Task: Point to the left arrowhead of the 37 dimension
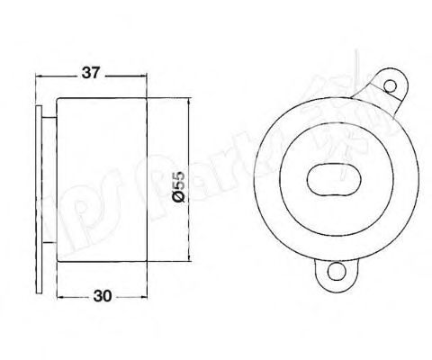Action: coord(39,75)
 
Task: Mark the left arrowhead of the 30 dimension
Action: coord(59,294)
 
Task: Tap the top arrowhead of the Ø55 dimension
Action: coord(187,102)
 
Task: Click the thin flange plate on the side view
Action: coord(42,180)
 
